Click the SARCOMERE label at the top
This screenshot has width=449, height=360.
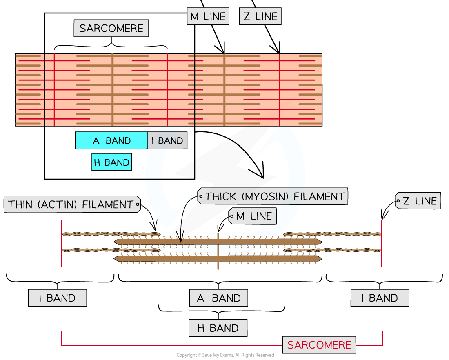(111, 29)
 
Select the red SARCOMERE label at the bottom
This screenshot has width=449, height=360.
(319, 345)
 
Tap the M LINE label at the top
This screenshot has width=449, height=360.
(208, 17)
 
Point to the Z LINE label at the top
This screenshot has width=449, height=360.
(260, 17)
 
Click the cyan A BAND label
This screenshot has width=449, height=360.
(111, 140)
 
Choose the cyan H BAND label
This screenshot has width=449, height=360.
(111, 162)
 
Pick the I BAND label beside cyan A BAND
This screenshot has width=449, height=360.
(167, 140)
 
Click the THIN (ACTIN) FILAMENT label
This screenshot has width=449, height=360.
(71, 204)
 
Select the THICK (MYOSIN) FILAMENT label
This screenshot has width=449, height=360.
(274, 197)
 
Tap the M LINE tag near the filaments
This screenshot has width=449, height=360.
(254, 216)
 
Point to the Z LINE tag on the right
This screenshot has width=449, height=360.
(419, 201)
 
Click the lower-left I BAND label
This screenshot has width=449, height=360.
(57, 298)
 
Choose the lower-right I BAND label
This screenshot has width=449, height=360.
(380, 298)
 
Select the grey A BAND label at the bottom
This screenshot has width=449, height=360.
(218, 298)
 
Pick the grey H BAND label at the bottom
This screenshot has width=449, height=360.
(218, 328)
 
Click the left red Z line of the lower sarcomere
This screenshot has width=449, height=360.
(62, 243)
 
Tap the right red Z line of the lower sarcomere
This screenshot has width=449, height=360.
(382, 243)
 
